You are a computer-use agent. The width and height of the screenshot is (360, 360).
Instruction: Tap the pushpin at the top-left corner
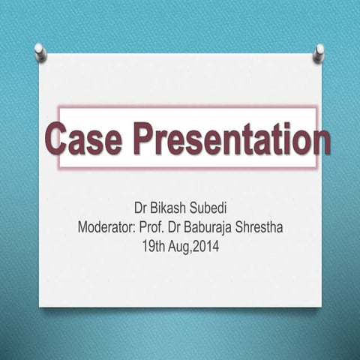pos(40,52)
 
